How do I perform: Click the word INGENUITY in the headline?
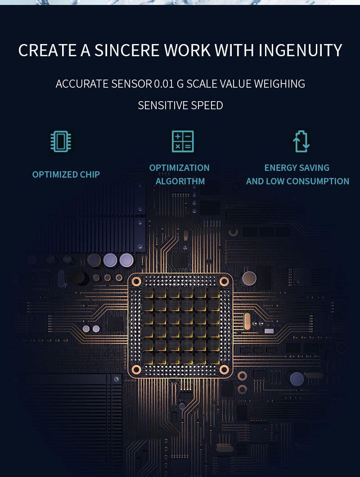(300, 50)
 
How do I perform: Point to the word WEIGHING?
(279, 84)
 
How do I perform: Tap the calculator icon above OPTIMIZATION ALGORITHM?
(183, 141)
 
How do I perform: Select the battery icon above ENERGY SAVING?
(301, 141)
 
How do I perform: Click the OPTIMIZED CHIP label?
(66, 174)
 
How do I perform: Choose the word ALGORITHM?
(180, 181)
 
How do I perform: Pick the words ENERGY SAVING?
(297, 168)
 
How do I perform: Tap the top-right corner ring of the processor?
(224, 281)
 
